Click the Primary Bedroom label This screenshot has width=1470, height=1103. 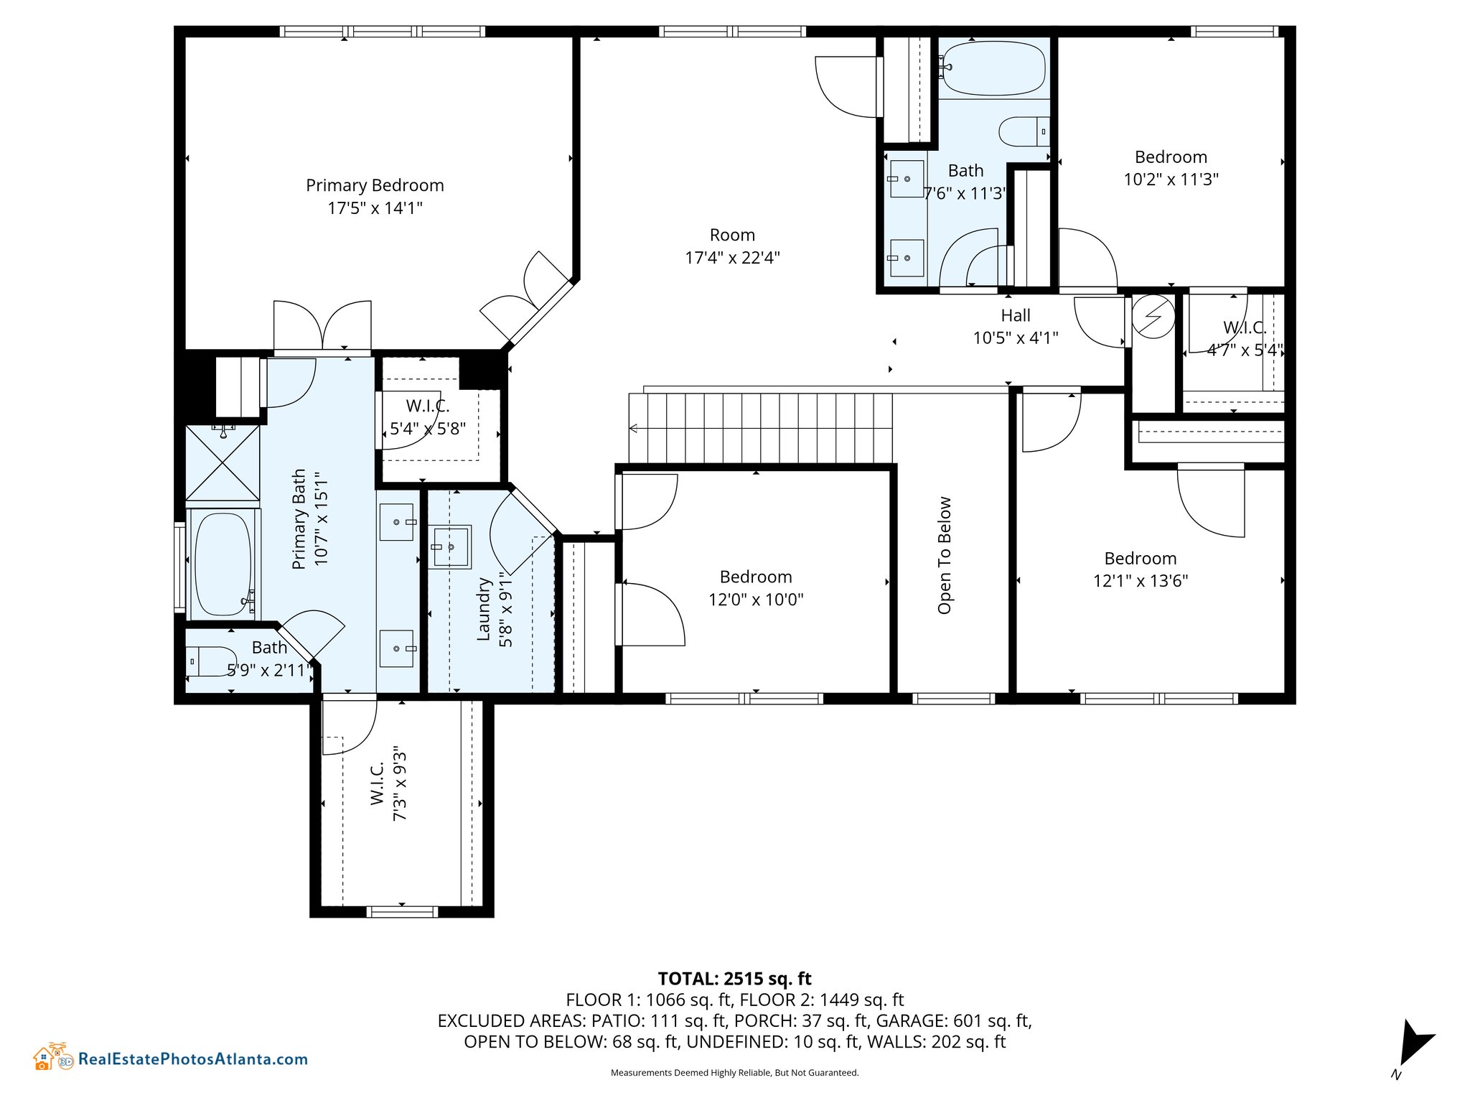pyautogui.click(x=375, y=185)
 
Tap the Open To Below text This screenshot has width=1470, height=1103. pyautogui.click(x=945, y=555)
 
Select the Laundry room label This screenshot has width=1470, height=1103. pyautogui.click(x=484, y=609)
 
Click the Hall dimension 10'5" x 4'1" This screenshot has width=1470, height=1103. pyautogui.click(x=1016, y=338)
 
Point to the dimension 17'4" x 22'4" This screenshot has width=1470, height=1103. pyautogui.click(x=732, y=257)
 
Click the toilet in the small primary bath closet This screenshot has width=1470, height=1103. pyautogui.click(x=211, y=661)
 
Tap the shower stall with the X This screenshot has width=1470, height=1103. pyautogui.click(x=223, y=462)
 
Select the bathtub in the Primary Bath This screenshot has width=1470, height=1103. pyautogui.click(x=223, y=564)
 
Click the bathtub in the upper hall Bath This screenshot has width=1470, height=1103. pyautogui.click(x=994, y=69)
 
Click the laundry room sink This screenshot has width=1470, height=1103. pyautogui.click(x=450, y=547)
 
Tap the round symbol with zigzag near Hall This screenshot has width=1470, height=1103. pyautogui.click(x=1153, y=317)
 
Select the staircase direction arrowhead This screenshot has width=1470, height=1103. pyautogui.click(x=634, y=429)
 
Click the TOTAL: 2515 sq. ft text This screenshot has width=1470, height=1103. pyautogui.click(x=734, y=979)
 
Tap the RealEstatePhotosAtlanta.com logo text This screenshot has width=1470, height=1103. pyautogui.click(x=193, y=1058)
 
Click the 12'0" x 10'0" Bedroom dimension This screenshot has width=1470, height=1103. pyautogui.click(x=756, y=599)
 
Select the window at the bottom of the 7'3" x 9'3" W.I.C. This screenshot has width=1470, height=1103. pyautogui.click(x=402, y=912)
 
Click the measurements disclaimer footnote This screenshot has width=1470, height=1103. pyautogui.click(x=734, y=1073)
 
